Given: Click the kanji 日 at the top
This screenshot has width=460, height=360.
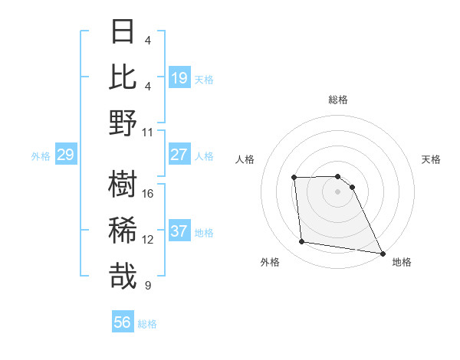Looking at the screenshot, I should (x=123, y=32).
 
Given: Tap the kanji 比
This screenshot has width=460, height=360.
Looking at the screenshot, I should (x=123, y=77).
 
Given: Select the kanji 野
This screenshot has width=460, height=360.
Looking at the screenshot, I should (x=123, y=123).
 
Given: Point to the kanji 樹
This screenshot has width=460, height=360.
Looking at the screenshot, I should (x=123, y=185).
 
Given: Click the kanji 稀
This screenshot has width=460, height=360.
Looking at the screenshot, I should (x=123, y=230).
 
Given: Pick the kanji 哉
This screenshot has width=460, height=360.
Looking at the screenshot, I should (x=123, y=276).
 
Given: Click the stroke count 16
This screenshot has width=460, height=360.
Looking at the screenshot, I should (x=148, y=194).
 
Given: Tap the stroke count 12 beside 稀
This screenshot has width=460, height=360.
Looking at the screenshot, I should (x=148, y=240).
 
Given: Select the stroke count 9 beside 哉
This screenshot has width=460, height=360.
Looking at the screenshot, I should (x=148, y=286).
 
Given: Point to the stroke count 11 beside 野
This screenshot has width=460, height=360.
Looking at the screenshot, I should (x=148, y=132).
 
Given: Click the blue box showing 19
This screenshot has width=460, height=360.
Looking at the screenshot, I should (x=179, y=78).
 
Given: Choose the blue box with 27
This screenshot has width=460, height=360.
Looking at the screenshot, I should (x=179, y=155).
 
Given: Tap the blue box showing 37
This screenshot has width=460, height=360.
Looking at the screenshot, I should (x=179, y=231).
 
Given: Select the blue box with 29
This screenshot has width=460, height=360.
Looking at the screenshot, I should (x=65, y=155).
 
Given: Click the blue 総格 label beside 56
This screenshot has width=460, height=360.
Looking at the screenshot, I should (x=147, y=324).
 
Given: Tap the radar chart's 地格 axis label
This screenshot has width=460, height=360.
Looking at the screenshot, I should (x=402, y=262).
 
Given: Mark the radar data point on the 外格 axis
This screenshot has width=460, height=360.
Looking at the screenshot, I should (x=302, y=242).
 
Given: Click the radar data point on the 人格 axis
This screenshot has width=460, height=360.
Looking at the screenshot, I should (x=294, y=178).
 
